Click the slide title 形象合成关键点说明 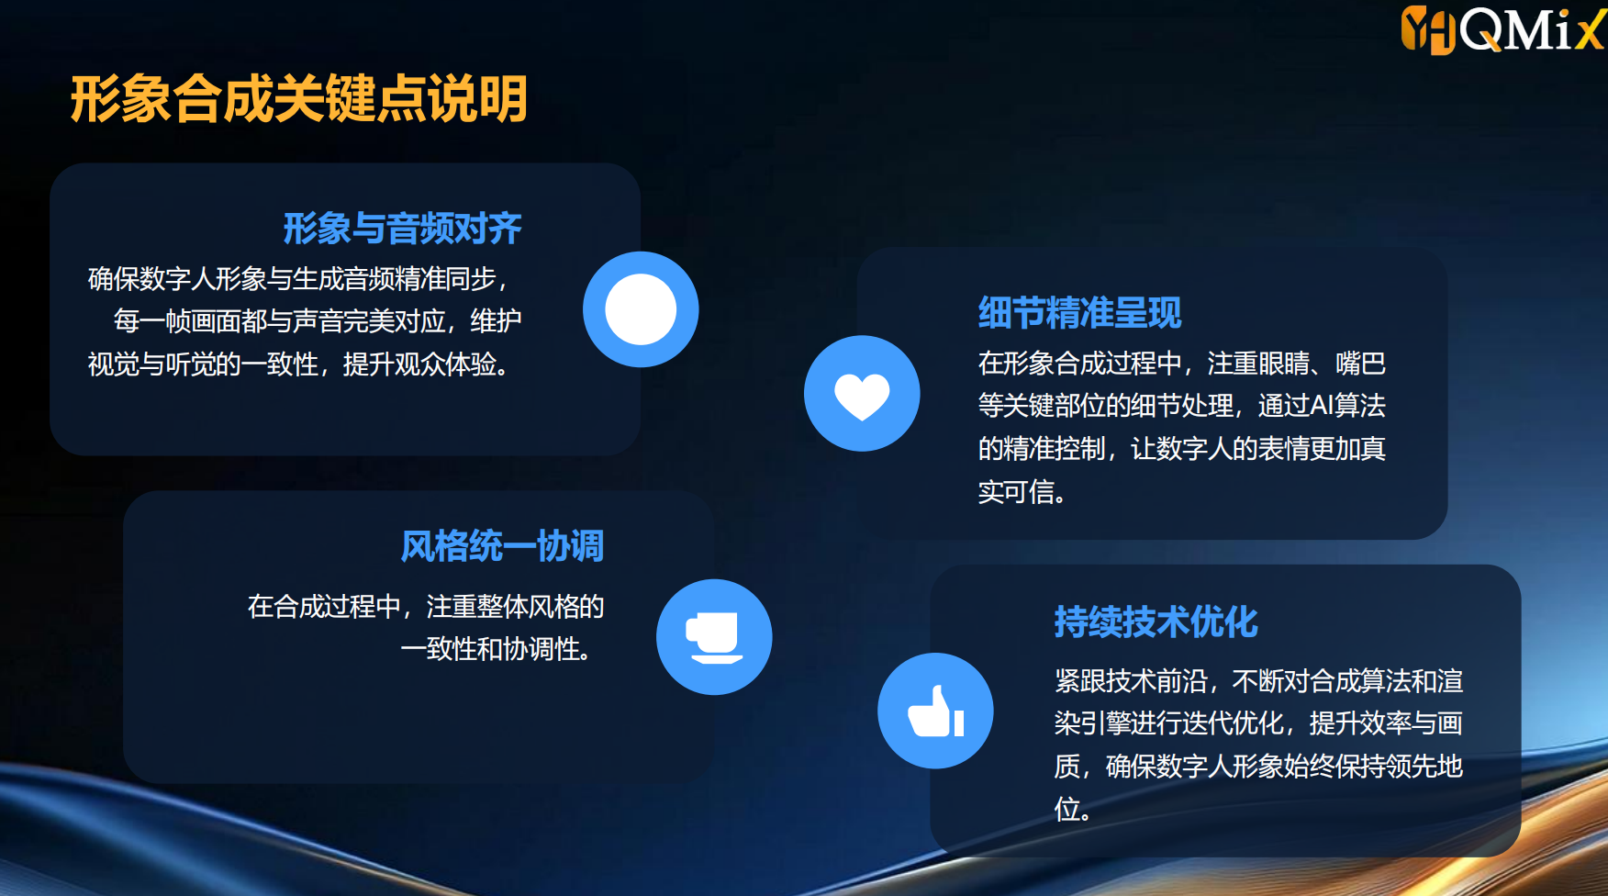(x=299, y=99)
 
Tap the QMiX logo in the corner (x=1503, y=29)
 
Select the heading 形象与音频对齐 (x=402, y=228)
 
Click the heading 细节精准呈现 (x=1079, y=313)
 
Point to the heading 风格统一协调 (x=502, y=546)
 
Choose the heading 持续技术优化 (x=1156, y=622)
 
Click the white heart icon (x=862, y=397)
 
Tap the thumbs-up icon (x=935, y=711)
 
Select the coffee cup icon (x=714, y=637)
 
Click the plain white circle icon (x=641, y=309)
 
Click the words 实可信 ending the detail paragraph (x=1015, y=492)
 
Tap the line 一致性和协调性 (x=496, y=649)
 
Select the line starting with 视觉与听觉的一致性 (x=297, y=364)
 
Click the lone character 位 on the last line (x=1066, y=809)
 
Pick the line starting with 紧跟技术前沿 (x=1258, y=681)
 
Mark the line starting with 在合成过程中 (x=426, y=607)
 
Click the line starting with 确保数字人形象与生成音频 (x=297, y=278)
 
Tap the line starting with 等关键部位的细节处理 (x=1182, y=406)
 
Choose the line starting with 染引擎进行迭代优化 (x=1258, y=723)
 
